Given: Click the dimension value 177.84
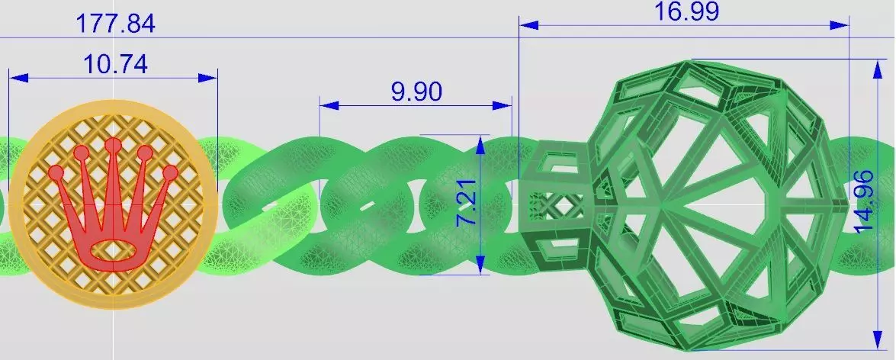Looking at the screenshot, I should click(115, 24).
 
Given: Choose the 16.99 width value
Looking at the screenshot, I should click(686, 11).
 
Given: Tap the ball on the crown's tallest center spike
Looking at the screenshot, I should click(113, 145).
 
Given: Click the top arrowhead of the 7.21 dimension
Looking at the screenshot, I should click(480, 143).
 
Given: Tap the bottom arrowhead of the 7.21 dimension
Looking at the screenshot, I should click(480, 266).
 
